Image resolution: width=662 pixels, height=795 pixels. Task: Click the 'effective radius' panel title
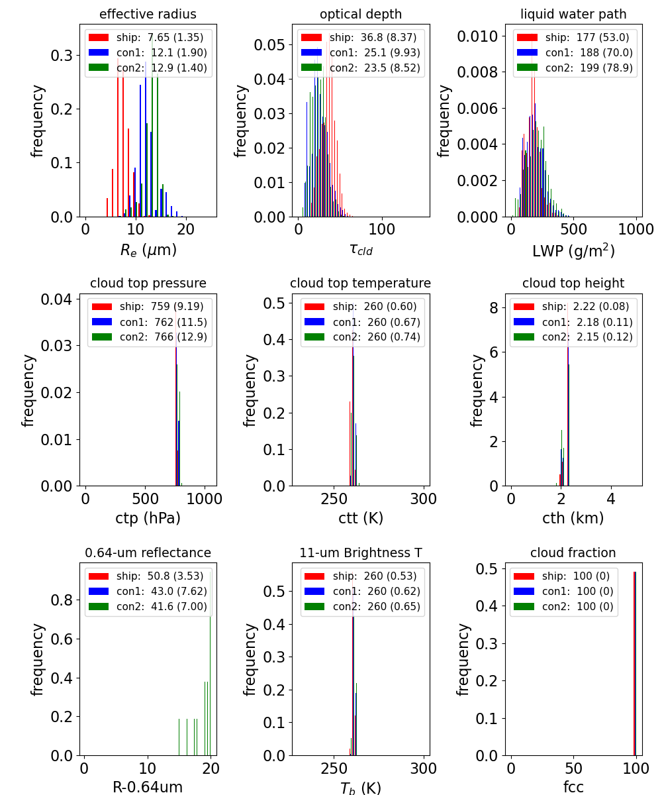(148, 14)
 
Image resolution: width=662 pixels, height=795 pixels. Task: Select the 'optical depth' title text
(361, 14)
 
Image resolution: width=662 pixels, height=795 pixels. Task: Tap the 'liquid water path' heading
(573, 14)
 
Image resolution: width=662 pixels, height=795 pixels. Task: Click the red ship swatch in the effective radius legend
(99, 37)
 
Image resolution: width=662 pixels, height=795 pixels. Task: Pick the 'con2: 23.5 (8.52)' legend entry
(361, 68)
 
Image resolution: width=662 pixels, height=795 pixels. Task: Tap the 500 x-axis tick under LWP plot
(573, 229)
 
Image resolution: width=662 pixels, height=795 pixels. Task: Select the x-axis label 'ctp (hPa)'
(148, 518)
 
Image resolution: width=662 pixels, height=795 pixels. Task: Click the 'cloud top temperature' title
(360, 284)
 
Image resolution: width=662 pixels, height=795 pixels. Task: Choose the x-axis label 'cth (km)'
(573, 518)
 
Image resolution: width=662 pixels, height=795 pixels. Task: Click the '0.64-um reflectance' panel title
(148, 553)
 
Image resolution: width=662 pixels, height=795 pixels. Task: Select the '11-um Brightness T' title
(361, 553)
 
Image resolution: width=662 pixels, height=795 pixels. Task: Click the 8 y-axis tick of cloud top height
(494, 307)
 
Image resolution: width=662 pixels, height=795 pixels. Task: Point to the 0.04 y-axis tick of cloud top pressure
(56, 299)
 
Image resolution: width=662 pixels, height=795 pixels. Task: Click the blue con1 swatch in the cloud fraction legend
(524, 592)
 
